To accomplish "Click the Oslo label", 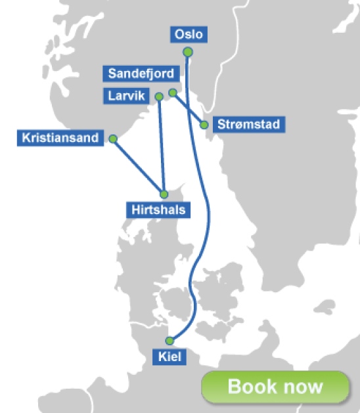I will pyautogui.click(x=188, y=35).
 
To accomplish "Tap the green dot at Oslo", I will pyautogui.click(x=188, y=52).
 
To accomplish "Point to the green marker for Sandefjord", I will pyautogui.click(x=173, y=93).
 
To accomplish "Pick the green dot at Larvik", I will pyautogui.click(x=158, y=97).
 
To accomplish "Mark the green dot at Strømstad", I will pyautogui.click(x=204, y=125).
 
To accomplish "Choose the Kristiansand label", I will pyautogui.click(x=60, y=139).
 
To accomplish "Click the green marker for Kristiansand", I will pyautogui.click(x=113, y=139).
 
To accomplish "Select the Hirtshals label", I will pyautogui.click(x=158, y=210).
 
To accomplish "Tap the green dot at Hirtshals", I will pyautogui.click(x=164, y=194).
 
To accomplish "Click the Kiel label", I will pyautogui.click(x=169, y=358).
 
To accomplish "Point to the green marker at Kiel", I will pyautogui.click(x=169, y=340).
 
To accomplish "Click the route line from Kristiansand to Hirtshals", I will pyautogui.click(x=138, y=166).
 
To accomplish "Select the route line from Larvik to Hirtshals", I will pyautogui.click(x=161, y=144).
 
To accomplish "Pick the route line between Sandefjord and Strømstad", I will pyautogui.click(x=189, y=109).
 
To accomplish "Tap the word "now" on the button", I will pyautogui.click(x=303, y=386).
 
